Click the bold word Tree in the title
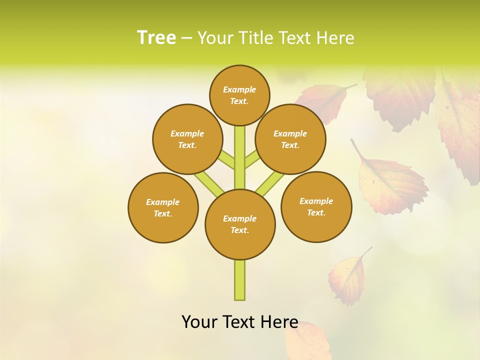pyautogui.click(x=156, y=37)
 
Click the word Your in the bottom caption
pyautogui.click(x=200, y=321)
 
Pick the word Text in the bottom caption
pyautogui.click(x=239, y=321)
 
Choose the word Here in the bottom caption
pyautogui.click(x=279, y=321)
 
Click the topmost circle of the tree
pyautogui.click(x=239, y=95)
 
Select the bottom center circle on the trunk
pyautogui.click(x=240, y=224)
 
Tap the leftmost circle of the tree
pyautogui.click(x=163, y=207)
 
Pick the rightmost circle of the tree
pyautogui.click(x=316, y=206)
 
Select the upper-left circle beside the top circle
pyautogui.click(x=187, y=139)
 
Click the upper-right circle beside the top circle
pyautogui.click(x=290, y=139)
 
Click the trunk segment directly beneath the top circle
pyautogui.click(x=240, y=150)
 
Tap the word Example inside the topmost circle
pyautogui.click(x=239, y=89)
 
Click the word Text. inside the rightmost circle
pyautogui.click(x=316, y=212)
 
